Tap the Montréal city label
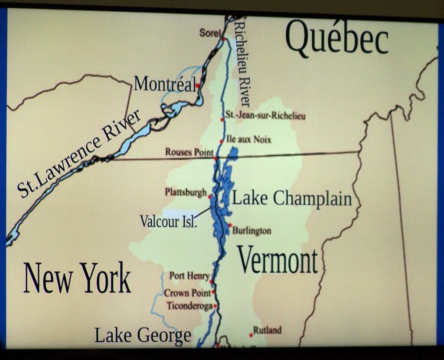pos(164,84)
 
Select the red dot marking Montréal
pos(198,86)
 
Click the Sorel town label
pos(210,33)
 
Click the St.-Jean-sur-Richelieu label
pos(265,116)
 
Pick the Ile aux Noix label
pos(249,139)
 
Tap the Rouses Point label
pos(189,152)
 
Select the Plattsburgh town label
pos(186,192)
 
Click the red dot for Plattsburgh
pos(210,197)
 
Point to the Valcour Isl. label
pos(168,221)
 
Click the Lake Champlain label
pos(292,199)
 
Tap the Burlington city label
pos(251,231)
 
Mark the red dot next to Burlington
pos(230,225)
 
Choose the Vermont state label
pos(277,260)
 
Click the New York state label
pos(77,278)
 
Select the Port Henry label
pos(189,276)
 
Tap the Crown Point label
pos(187,293)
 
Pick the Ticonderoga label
pos(189,306)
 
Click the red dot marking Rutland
pos(251,335)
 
